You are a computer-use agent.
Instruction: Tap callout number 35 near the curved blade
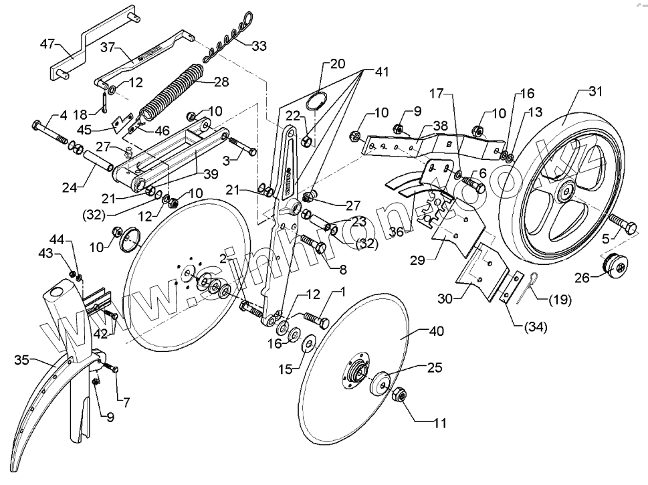click(21, 361)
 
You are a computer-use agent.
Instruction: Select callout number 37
click(108, 48)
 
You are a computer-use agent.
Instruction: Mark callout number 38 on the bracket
click(440, 124)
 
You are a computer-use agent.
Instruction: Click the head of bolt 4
click(37, 125)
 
